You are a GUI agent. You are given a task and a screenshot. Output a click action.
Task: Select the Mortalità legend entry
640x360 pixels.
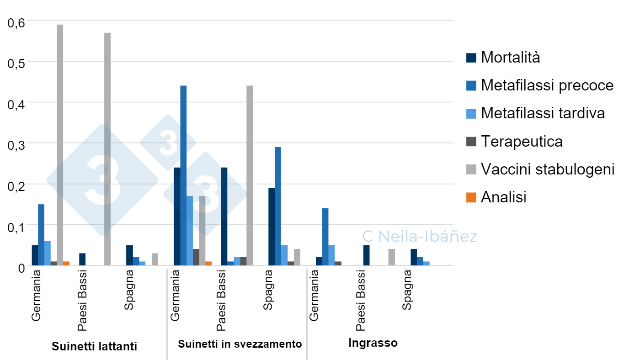point(510,58)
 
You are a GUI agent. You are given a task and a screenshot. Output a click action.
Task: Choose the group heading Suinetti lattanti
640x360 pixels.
point(94,346)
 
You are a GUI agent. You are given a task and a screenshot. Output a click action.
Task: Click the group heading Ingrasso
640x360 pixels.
point(373,343)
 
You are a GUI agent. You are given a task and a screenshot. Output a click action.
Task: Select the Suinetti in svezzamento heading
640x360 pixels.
point(240,344)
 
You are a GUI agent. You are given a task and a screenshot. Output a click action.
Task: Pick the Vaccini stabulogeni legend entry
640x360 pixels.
point(547,169)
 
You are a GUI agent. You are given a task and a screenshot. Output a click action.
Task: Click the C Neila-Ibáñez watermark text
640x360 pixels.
point(420,236)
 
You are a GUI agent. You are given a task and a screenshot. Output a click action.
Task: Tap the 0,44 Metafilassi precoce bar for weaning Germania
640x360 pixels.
point(183,175)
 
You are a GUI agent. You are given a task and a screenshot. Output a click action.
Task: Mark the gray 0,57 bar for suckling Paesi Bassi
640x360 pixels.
point(107,149)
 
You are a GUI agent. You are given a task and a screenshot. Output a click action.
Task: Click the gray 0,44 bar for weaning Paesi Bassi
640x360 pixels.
point(250,175)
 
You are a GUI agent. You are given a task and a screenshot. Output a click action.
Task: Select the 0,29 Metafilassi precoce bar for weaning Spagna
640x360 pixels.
point(278,206)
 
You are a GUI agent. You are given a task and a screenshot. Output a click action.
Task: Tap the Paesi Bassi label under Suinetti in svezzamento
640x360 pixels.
point(221,301)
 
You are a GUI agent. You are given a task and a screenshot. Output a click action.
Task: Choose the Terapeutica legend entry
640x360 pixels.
point(521,141)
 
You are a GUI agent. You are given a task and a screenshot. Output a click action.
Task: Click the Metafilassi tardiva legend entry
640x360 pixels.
point(542,113)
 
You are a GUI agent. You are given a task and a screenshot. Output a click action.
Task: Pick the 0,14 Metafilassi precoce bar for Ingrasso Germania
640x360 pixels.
point(325,237)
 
